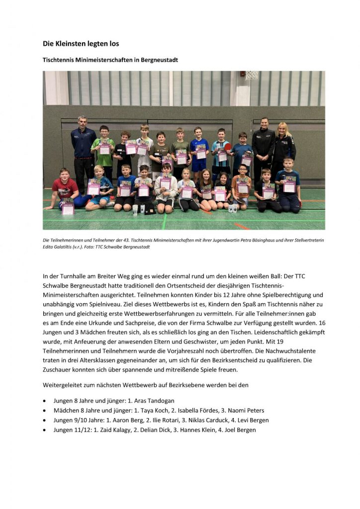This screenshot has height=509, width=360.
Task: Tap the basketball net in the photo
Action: click(252, 75)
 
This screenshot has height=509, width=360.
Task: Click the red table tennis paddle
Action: click(228, 147)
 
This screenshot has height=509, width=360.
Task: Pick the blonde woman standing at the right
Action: click(284, 144)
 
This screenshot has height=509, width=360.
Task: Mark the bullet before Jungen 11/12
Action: click(46, 430)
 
